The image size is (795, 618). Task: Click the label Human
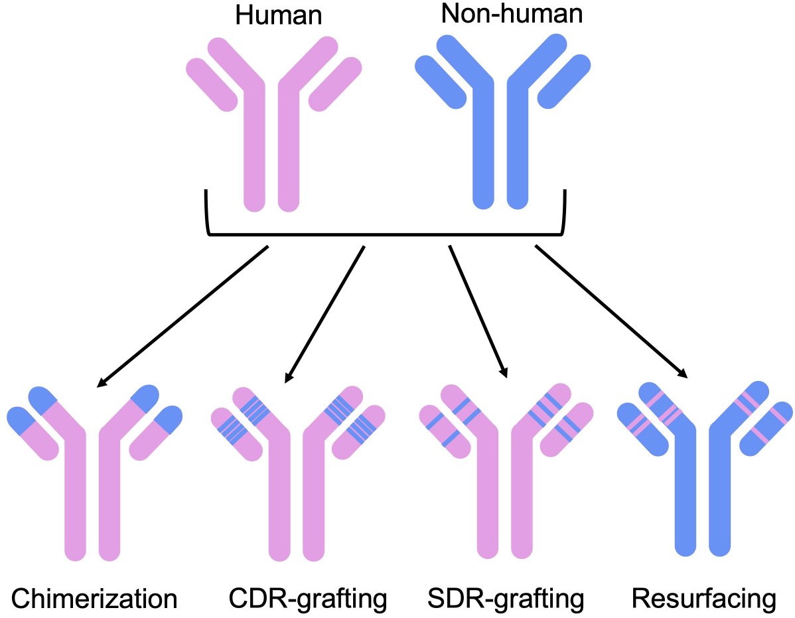tap(279, 15)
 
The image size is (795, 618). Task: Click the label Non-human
tap(512, 13)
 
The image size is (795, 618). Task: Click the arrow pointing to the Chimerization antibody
tap(182, 316)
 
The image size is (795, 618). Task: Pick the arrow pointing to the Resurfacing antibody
tap(611, 311)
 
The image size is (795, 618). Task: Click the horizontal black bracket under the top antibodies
tap(385, 234)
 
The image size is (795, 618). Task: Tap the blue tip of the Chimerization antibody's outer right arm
tap(169, 420)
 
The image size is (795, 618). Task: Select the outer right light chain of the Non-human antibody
tap(564, 82)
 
